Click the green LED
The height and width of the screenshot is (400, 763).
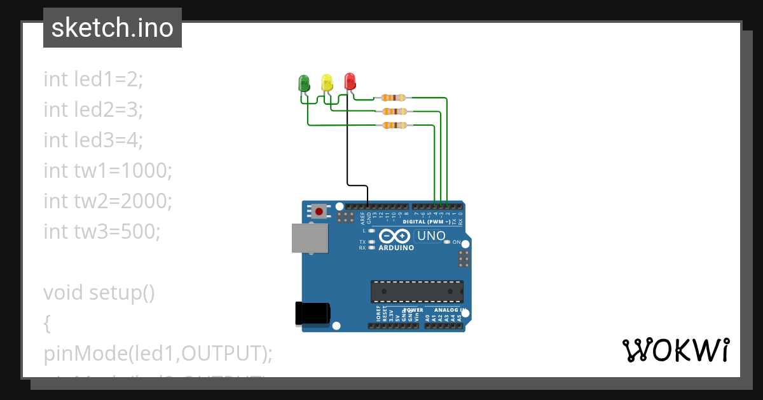[x=304, y=83]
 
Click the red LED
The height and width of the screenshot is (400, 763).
[x=350, y=81]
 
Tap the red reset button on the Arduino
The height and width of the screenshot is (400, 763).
[x=319, y=211]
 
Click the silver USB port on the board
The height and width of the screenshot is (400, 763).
[x=310, y=238]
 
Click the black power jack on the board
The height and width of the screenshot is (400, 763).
[x=312, y=314]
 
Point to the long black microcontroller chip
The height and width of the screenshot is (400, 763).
[x=417, y=291]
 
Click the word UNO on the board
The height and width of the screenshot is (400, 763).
[x=430, y=236]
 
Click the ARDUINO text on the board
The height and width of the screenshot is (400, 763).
[x=395, y=248]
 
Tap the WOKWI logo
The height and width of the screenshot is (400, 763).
[x=675, y=350]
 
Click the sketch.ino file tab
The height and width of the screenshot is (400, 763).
[x=113, y=28]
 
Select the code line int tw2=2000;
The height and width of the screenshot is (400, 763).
[x=108, y=201]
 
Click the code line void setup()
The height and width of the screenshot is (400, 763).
[x=99, y=293]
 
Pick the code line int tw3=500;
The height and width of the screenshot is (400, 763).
[x=102, y=231]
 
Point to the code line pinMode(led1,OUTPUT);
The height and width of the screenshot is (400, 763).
[x=158, y=354]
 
